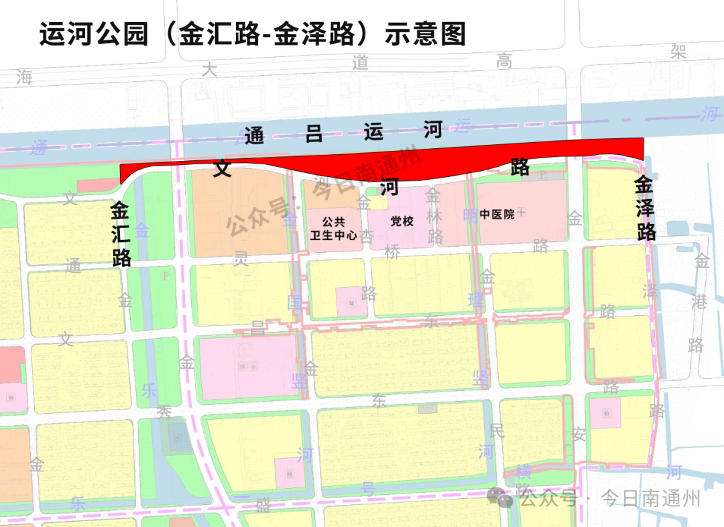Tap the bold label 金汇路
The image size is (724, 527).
click(x=121, y=234)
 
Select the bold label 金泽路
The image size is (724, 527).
click(x=645, y=208)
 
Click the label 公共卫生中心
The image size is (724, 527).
click(x=334, y=228)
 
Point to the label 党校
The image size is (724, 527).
click(x=402, y=221)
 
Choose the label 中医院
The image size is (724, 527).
click(x=497, y=214)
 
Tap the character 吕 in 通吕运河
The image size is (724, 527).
click(x=314, y=134)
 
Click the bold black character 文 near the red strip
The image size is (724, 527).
click(x=222, y=168)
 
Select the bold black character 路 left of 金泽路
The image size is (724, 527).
click(x=520, y=167)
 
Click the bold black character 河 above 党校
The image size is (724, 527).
click(x=389, y=186)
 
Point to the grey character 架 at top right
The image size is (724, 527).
click(x=678, y=52)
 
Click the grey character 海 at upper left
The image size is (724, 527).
click(x=25, y=76)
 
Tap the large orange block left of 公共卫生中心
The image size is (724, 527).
click(x=235, y=215)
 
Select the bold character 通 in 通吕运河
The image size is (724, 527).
click(x=254, y=136)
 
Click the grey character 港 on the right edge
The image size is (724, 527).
click(x=699, y=302)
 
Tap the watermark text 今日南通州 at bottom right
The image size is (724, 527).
click(x=650, y=498)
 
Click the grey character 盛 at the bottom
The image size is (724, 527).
click(x=263, y=506)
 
